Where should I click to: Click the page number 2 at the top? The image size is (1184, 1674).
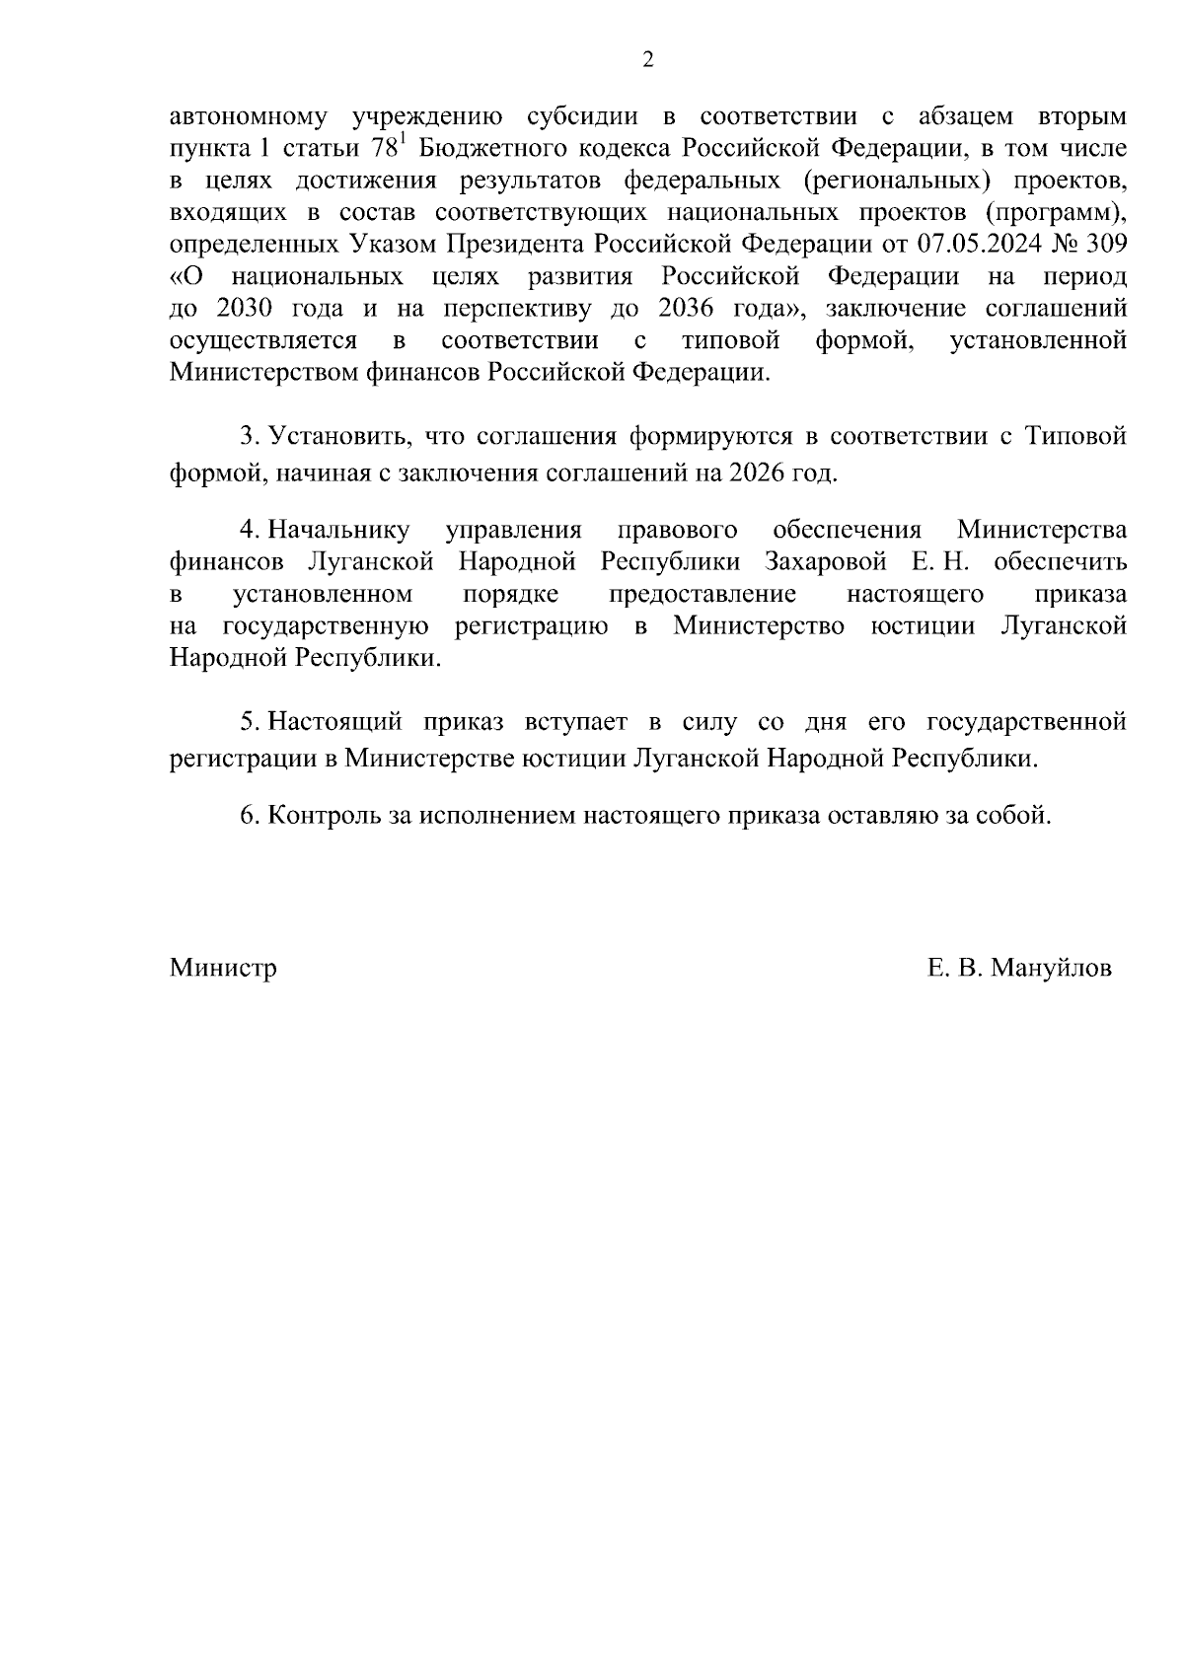click(x=647, y=60)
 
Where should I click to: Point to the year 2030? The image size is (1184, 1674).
click(x=236, y=309)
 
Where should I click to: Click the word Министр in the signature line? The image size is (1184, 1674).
click(x=223, y=969)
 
